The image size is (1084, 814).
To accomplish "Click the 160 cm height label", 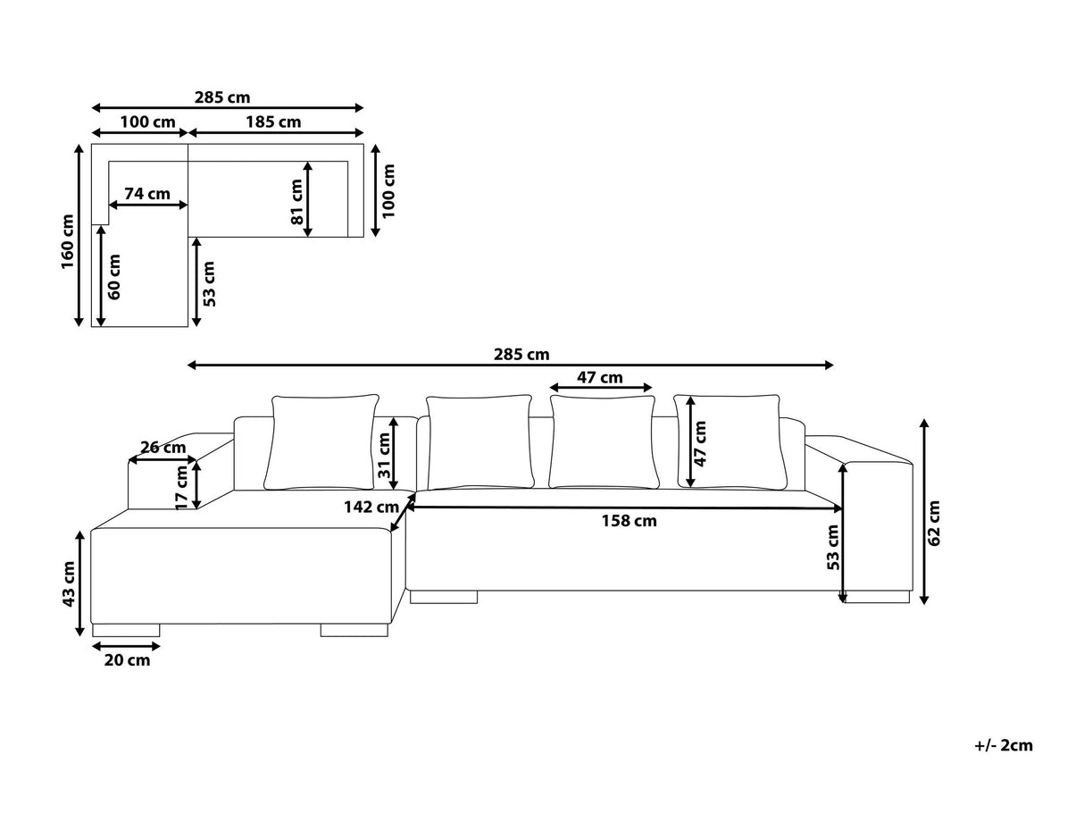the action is click(x=68, y=241).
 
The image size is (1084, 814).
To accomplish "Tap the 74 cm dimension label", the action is click(x=147, y=194).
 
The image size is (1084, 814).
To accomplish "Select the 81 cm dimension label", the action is click(x=296, y=202).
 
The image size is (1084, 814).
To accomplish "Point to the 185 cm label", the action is click(x=273, y=122).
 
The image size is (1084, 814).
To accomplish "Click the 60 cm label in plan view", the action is click(x=114, y=277).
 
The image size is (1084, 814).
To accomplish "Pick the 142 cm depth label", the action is click(x=371, y=508).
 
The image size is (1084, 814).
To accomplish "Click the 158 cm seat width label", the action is click(x=630, y=521).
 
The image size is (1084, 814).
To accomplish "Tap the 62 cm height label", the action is click(x=934, y=524).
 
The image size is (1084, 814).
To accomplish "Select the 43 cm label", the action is click(x=69, y=584).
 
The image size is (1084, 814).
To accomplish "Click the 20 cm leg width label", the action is click(x=127, y=660).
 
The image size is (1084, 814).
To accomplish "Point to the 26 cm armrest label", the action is click(x=163, y=448).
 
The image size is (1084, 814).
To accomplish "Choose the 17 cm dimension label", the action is click(x=182, y=487).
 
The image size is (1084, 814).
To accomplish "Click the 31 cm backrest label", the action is click(x=384, y=456).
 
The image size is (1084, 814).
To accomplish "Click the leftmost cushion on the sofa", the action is click(x=321, y=442).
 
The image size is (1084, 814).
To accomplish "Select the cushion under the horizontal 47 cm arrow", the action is click(x=603, y=442).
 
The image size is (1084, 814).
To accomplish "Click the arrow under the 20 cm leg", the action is click(x=127, y=646).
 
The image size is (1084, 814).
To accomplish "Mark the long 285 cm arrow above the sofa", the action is click(x=511, y=365).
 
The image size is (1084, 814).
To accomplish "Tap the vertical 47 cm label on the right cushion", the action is click(x=700, y=443).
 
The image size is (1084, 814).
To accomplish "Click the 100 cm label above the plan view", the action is click(x=147, y=122).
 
